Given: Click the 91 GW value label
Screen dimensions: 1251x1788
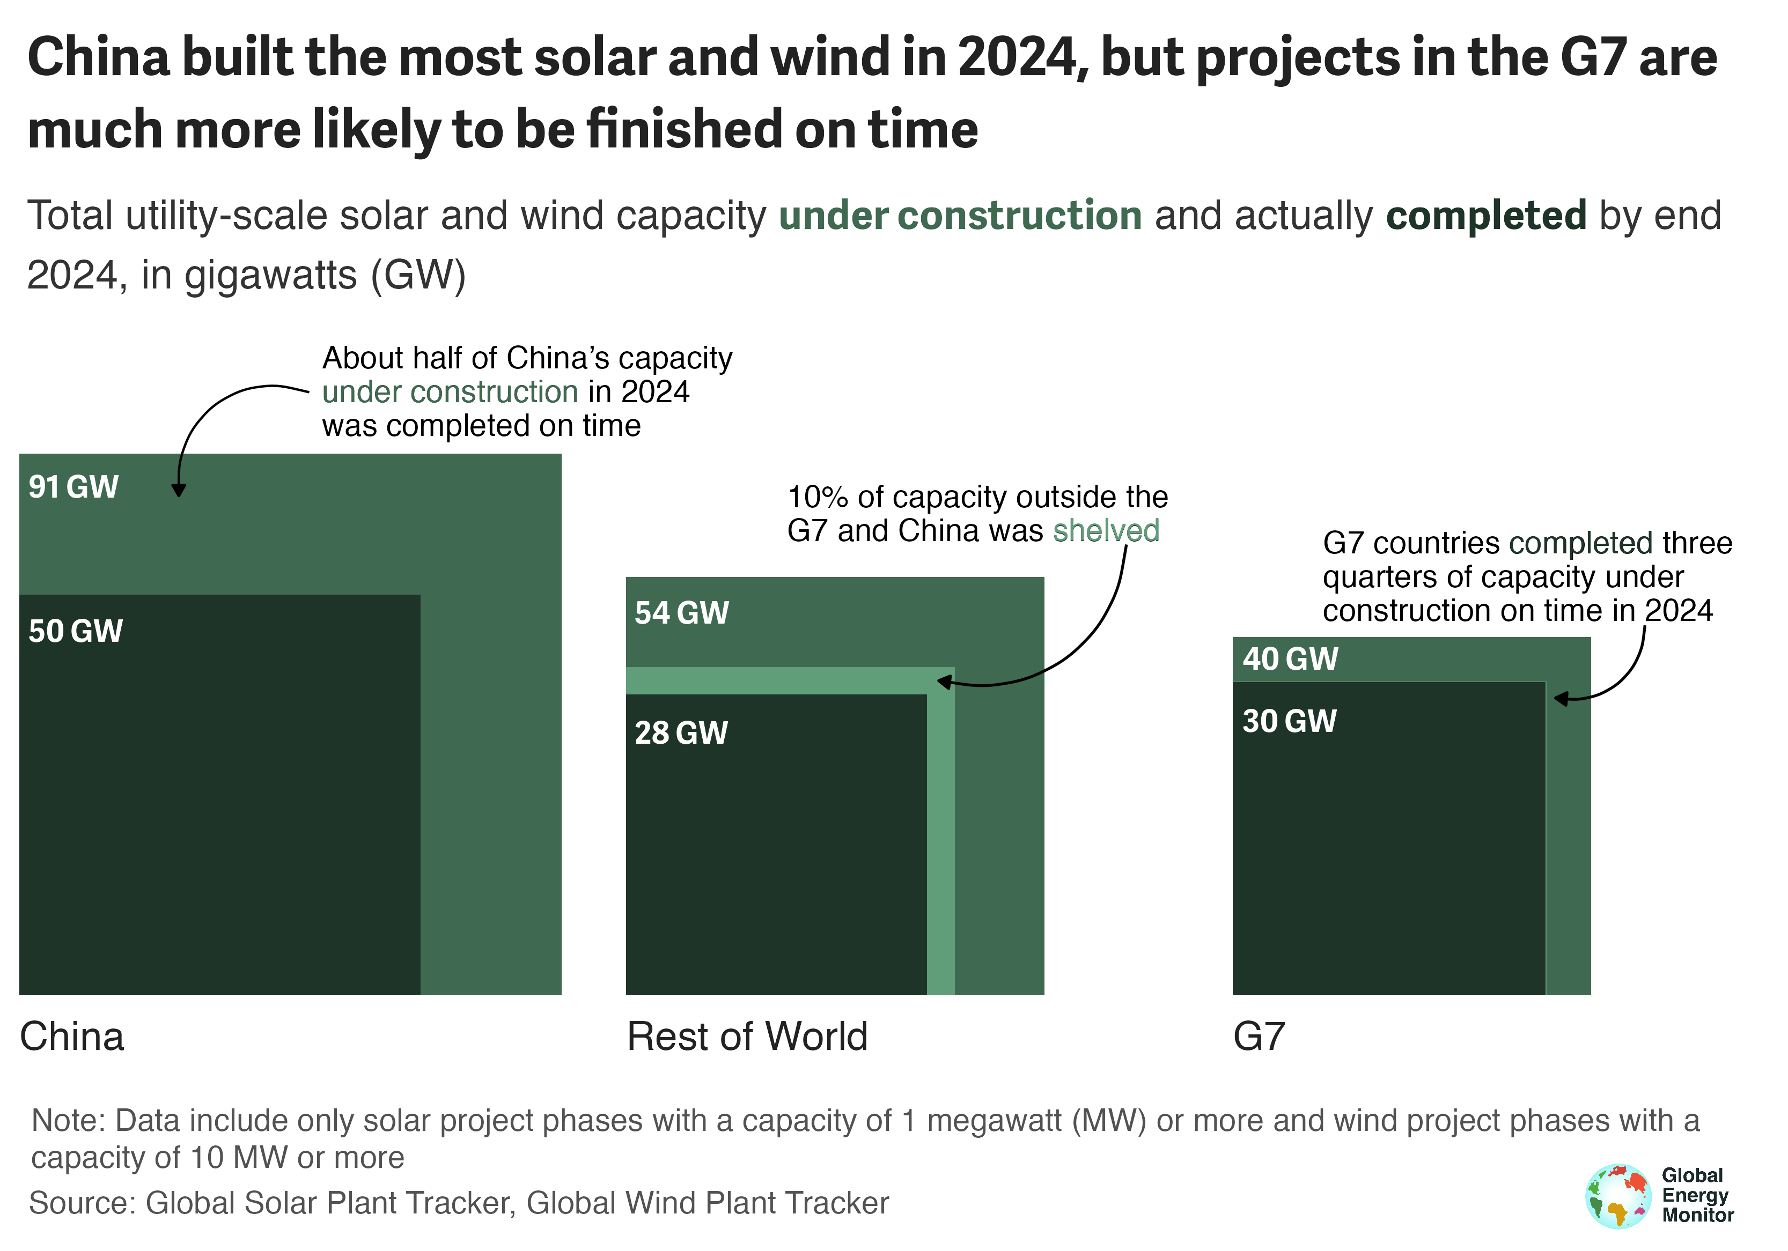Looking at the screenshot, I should point(73,487).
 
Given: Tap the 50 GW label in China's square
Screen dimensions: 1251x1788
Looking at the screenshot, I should point(76,631).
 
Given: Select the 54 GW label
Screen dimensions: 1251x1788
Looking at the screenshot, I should point(681,613).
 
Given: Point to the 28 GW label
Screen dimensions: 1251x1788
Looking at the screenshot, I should point(681,734).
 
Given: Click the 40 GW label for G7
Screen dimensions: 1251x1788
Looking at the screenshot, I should point(1290,660).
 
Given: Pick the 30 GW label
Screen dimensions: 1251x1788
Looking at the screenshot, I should point(1289,722).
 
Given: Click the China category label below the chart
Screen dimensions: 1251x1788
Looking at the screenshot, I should point(72,1037).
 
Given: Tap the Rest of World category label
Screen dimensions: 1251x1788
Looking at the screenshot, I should point(747,1037).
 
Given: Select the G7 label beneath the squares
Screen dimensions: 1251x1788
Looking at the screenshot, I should point(1259,1037).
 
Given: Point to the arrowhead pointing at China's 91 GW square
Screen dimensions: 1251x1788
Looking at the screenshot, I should point(178,491).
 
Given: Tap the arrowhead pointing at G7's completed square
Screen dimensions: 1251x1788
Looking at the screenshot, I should point(1561,698).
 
